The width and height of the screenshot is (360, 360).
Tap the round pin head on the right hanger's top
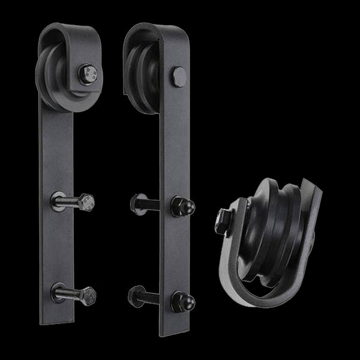coord(178,75)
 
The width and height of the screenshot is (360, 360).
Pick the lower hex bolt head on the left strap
coord(88,296)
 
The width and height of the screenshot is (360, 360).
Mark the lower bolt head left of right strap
coord(134,297)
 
